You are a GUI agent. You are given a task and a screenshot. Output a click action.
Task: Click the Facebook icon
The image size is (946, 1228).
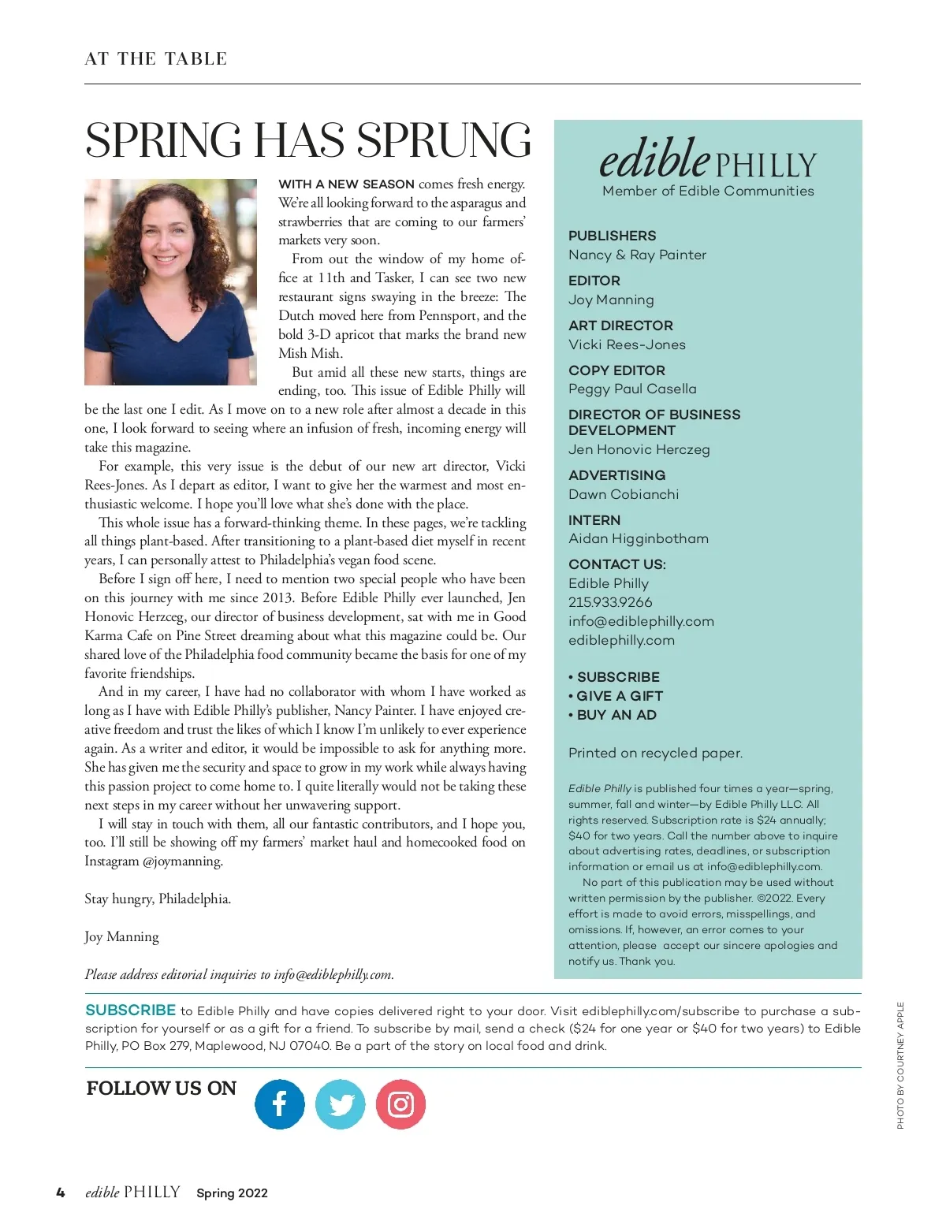[x=279, y=1104]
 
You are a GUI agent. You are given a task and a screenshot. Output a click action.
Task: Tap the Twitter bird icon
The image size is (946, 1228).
[x=341, y=1104]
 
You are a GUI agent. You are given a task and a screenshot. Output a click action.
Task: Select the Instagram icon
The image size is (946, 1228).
[x=400, y=1104]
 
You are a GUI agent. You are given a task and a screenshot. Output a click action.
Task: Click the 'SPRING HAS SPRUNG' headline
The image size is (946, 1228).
[x=307, y=140]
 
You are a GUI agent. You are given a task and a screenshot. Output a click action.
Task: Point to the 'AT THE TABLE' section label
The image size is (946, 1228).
[x=156, y=59]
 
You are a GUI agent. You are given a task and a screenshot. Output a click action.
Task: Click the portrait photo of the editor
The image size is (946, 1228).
[x=170, y=282]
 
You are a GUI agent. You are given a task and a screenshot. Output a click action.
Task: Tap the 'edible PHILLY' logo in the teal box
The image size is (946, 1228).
[x=707, y=160]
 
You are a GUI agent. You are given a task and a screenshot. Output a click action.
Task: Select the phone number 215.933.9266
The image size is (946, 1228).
[x=610, y=602]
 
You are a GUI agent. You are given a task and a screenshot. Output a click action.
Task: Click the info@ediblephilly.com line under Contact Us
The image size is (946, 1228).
[x=641, y=621]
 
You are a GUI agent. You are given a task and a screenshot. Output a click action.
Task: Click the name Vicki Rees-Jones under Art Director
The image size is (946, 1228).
[x=627, y=344]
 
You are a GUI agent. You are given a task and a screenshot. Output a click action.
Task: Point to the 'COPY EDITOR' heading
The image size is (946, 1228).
[x=616, y=370]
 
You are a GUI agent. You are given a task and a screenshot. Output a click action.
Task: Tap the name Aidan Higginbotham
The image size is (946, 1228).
[x=639, y=538]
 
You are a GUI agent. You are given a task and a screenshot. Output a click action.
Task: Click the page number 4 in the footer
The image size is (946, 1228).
[x=61, y=1193]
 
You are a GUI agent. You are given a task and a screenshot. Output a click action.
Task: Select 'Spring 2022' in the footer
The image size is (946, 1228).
[x=232, y=1193]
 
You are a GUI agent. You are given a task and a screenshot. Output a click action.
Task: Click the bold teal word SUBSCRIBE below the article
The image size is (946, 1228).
[x=130, y=1010]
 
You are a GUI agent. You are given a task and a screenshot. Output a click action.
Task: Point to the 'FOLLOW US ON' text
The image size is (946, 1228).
[x=161, y=1088]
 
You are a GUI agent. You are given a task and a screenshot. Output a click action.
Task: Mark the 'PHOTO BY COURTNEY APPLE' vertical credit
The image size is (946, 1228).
[x=900, y=1065]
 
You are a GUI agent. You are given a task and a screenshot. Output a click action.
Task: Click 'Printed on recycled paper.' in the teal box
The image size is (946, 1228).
[x=655, y=753]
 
